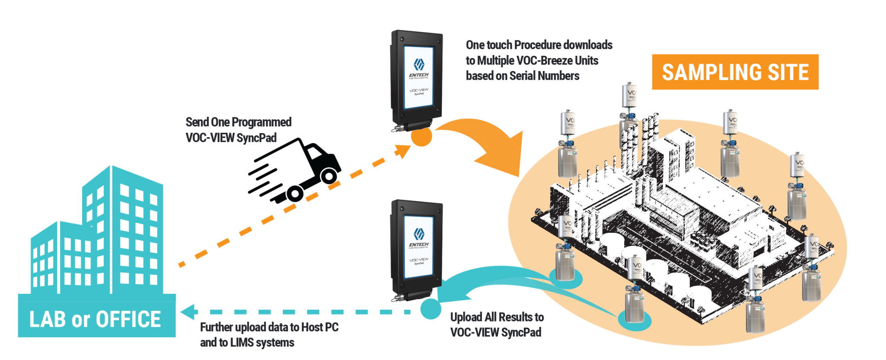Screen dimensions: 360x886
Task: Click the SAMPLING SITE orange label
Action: tap(735, 72)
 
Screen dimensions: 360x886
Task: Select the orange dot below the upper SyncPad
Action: tap(421, 137)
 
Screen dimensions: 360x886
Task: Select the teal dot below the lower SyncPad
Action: tap(431, 309)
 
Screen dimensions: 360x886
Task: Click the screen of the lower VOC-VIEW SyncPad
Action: tap(418, 247)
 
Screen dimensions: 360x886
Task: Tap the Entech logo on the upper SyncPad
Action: tap(418, 65)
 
